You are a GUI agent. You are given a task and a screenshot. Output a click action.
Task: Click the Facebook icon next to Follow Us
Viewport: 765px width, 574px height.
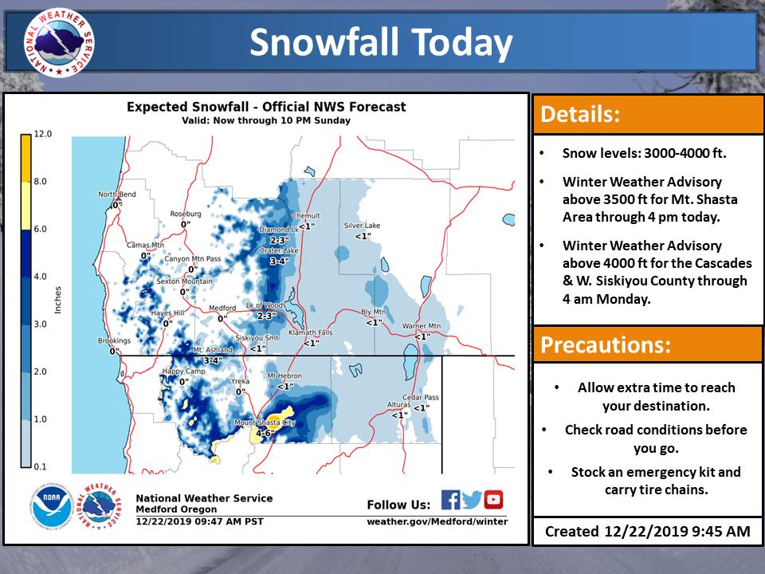coord(450,500)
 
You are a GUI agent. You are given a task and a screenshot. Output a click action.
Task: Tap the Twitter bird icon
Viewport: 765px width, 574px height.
coord(472,500)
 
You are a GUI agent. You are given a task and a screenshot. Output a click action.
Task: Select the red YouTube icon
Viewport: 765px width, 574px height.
coord(493,500)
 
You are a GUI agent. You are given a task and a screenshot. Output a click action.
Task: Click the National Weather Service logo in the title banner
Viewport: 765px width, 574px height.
coord(59,42)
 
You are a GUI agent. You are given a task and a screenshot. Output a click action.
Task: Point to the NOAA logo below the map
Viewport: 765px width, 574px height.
coord(51,506)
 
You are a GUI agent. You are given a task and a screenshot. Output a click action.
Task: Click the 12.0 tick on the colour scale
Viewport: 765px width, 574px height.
coord(42,134)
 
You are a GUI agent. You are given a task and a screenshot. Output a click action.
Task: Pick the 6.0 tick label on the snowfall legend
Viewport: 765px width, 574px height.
coord(40,229)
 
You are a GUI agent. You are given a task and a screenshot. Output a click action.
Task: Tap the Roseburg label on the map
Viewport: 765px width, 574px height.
coord(186,214)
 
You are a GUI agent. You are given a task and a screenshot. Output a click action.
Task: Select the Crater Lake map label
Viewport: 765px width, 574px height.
coord(279,250)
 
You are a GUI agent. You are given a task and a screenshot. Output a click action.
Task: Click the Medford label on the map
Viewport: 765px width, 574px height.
coord(222,308)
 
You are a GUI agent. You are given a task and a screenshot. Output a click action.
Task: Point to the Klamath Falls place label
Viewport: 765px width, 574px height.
coord(310,332)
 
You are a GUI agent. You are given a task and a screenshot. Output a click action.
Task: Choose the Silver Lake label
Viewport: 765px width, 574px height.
coord(362,226)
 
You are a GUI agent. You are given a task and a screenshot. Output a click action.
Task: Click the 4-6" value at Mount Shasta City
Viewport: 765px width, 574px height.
coord(265,433)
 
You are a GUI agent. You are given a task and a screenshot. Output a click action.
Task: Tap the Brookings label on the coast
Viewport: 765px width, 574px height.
coord(114,340)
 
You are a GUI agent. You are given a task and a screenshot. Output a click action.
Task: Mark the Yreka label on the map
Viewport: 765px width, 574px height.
coord(240,381)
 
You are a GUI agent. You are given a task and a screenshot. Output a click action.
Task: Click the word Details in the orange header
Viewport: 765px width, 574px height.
coord(580,114)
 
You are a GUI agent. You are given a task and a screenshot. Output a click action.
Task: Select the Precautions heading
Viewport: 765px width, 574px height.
coord(606,344)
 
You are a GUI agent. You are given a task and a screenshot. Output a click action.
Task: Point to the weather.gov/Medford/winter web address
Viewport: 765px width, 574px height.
coord(437,521)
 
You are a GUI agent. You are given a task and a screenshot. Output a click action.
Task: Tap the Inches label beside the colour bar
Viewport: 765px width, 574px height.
coord(58,300)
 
